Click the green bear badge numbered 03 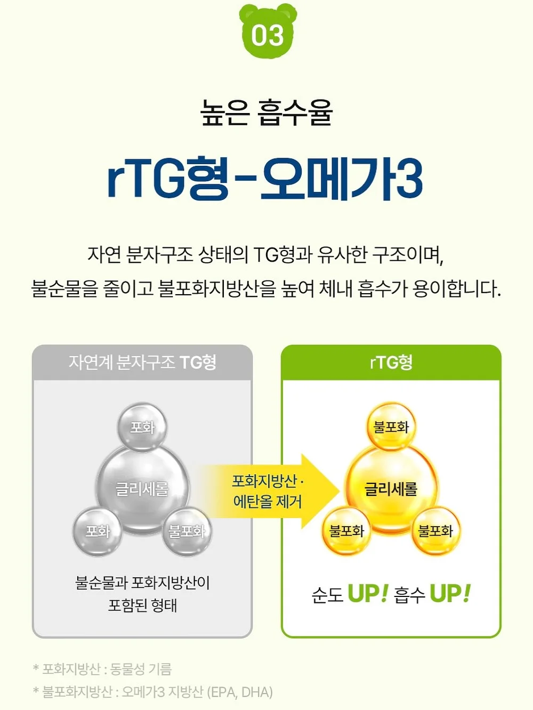tap(268, 31)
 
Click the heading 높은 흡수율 tap(266, 112)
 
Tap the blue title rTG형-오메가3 tap(265, 179)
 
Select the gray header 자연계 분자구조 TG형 tap(142, 362)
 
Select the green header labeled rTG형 tap(391, 362)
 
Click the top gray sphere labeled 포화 tap(142, 427)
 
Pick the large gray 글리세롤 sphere tap(142, 488)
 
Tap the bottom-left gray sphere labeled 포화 tap(98, 531)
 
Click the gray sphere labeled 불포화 tap(187, 531)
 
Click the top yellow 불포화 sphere tap(391, 427)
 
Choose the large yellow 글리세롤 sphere tap(391, 488)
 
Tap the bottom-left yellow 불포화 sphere tap(346, 531)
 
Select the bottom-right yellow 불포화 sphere tap(436, 531)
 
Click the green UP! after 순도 tap(368, 594)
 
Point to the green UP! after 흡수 tap(450, 594)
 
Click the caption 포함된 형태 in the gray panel tap(142, 605)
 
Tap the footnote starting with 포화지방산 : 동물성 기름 tap(102, 669)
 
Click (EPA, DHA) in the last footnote tap(240, 692)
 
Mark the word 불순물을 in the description tap(64, 288)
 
